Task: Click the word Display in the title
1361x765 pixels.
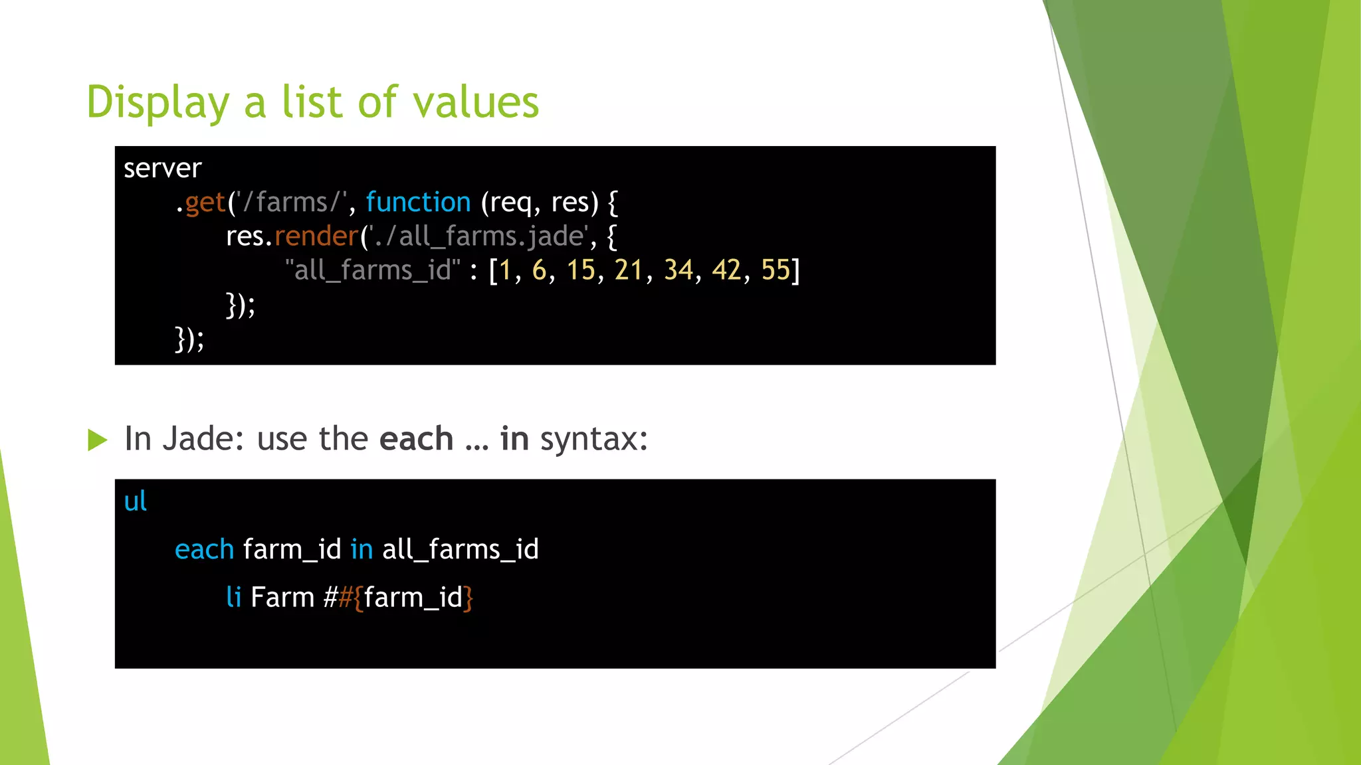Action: pos(157,103)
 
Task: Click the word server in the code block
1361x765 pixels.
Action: pos(162,169)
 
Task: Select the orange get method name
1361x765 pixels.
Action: pos(205,203)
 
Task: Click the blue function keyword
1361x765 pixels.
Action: pos(418,203)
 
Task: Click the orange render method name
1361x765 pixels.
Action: pos(316,236)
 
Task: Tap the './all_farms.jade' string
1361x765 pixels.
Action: pos(478,236)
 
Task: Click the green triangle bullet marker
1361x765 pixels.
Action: pos(97,440)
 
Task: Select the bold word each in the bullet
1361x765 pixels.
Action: pos(416,439)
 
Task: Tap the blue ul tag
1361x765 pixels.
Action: pos(135,501)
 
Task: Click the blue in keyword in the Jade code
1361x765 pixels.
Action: pos(362,550)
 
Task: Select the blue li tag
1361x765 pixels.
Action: pos(233,597)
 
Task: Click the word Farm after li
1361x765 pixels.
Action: pos(282,597)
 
